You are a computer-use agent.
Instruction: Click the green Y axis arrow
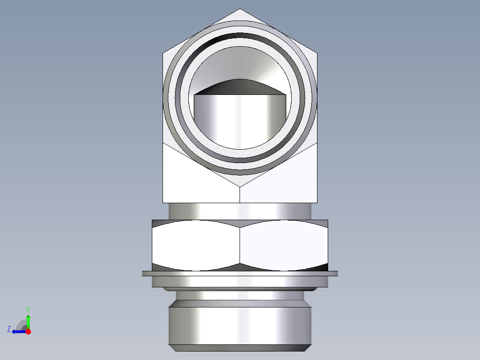[x=28, y=320]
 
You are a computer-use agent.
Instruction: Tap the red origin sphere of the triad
[x=28, y=331]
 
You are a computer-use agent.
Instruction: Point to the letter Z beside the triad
[x=9, y=329]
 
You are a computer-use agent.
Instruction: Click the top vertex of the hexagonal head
[x=240, y=9]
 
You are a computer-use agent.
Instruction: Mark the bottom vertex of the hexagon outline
[x=240, y=186]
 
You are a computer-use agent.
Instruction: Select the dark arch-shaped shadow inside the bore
[x=240, y=86]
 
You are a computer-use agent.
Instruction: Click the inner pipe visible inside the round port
[x=240, y=120]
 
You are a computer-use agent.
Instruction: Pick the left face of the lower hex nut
[x=196, y=246]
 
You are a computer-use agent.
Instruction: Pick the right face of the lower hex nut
[x=284, y=246]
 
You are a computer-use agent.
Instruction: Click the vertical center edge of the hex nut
[x=240, y=246]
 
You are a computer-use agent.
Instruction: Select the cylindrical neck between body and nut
[x=240, y=211]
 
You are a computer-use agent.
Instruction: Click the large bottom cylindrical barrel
[x=240, y=325]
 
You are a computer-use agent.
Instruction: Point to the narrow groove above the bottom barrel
[x=240, y=295]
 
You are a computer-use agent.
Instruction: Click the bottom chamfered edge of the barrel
[x=240, y=348]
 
